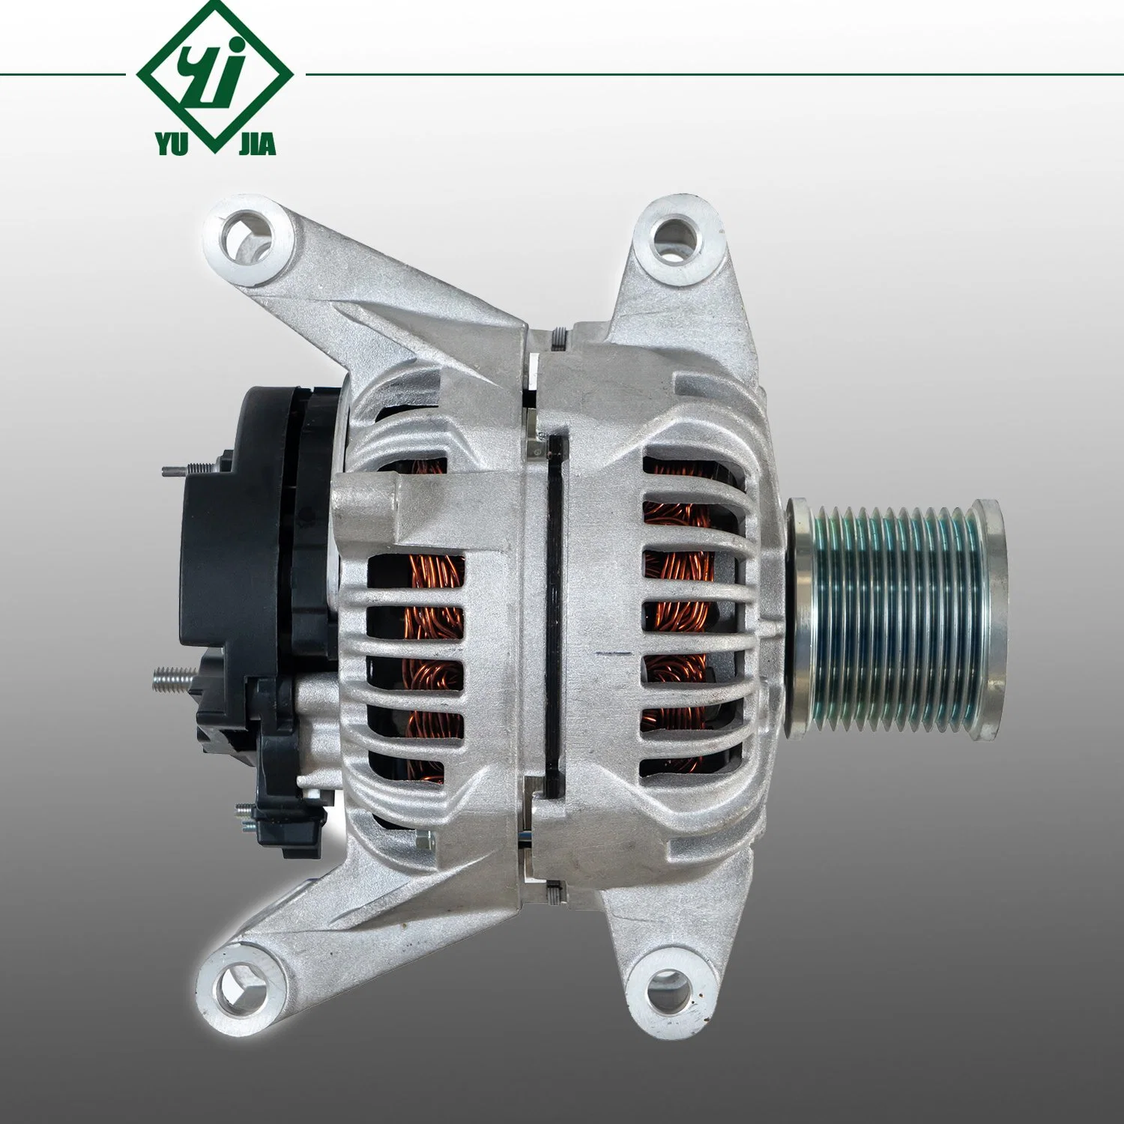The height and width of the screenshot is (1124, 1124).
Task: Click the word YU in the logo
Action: pos(172,144)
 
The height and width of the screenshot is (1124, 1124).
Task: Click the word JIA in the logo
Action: pos(257,144)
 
